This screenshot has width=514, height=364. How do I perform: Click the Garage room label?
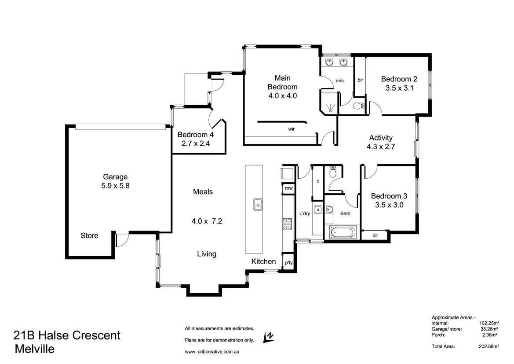115,177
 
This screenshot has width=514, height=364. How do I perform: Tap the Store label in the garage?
89,235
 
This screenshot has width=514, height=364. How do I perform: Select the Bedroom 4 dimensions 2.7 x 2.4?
196,143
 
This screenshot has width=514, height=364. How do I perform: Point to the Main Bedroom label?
283,82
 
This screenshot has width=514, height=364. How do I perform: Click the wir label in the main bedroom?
291,129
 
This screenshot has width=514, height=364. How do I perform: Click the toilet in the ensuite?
359,106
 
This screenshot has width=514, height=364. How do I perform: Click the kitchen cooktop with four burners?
287,224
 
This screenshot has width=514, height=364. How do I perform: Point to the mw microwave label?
288,188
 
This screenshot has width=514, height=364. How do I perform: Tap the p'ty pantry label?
288,263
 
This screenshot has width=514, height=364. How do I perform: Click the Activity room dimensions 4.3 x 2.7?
381,147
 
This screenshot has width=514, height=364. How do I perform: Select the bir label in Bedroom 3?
375,235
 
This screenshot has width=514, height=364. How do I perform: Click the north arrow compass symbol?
268,337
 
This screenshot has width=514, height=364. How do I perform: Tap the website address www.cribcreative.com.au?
211,352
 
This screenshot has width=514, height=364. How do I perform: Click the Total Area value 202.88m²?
489,346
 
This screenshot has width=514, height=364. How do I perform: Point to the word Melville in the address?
35,349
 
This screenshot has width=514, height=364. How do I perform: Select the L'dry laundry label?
305,213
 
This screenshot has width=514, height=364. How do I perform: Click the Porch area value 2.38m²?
492,335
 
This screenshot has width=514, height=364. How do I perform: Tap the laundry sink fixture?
318,209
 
